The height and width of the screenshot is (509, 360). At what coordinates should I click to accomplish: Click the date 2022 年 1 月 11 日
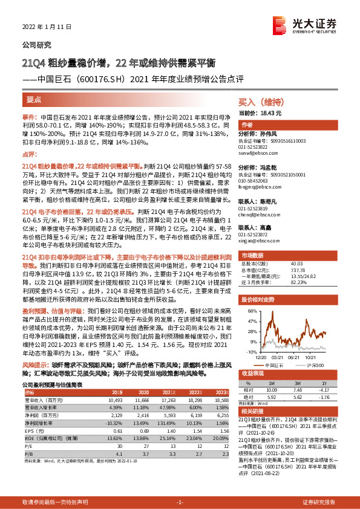tap(45, 28)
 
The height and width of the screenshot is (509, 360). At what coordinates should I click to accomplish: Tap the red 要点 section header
tap(34, 99)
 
